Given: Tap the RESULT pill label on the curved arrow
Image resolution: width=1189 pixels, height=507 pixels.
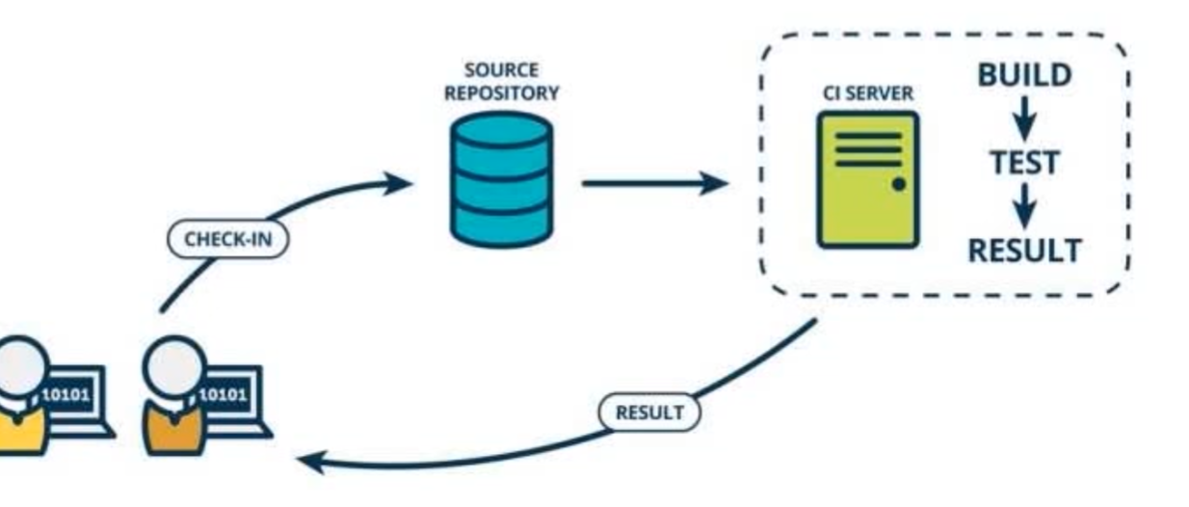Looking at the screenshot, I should (x=649, y=413).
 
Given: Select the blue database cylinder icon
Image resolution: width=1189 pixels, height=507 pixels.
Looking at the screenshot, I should (x=501, y=178).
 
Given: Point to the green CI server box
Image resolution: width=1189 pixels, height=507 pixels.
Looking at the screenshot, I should (x=867, y=179).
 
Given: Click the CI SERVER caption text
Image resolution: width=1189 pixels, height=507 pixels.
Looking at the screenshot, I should (x=868, y=93).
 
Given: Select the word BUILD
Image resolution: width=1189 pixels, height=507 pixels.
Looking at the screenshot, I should (x=1024, y=75).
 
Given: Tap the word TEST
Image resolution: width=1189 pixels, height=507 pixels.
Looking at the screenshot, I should (x=1024, y=162).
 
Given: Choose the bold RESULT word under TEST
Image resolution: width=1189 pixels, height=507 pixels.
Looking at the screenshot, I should (x=1024, y=250).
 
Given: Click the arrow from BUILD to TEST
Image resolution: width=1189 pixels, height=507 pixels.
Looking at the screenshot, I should (x=1024, y=119).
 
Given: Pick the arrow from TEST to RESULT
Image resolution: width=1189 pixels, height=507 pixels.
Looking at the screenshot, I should (x=1024, y=205).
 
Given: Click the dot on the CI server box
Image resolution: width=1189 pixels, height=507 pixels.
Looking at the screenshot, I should (x=898, y=184).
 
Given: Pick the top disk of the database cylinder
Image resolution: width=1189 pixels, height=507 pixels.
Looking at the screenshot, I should (x=501, y=129).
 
